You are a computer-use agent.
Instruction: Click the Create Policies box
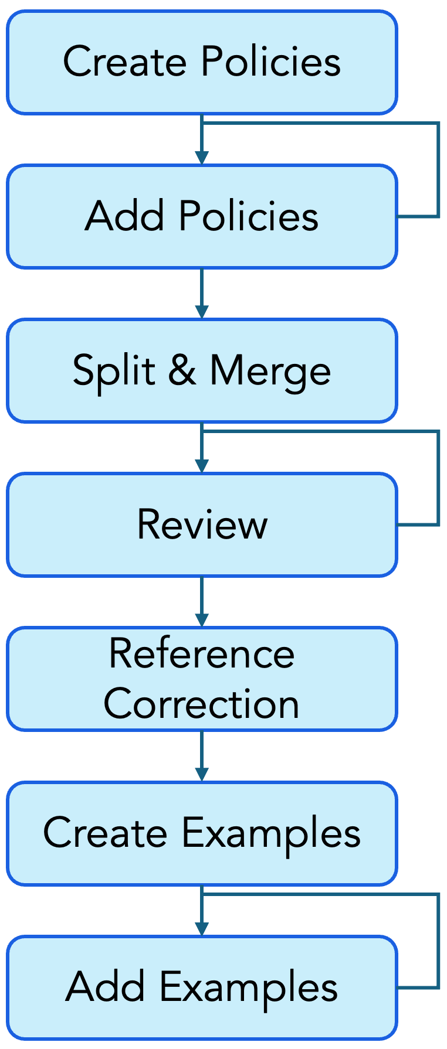tap(202, 62)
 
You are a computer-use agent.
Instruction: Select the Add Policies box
tap(202, 216)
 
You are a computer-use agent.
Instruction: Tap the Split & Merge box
tap(202, 370)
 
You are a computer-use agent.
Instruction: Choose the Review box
tap(202, 524)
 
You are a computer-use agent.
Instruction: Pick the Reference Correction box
tap(202, 679)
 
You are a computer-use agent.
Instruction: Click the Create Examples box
tap(202, 833)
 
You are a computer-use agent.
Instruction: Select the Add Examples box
tap(202, 987)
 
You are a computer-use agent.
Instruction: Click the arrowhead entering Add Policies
tap(202, 158)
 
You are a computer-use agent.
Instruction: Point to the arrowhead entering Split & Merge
tap(202, 312)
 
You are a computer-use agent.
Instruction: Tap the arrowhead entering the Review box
tap(202, 466)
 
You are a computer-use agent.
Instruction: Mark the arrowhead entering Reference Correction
tap(202, 620)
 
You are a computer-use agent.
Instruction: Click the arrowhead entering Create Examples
tap(202, 774)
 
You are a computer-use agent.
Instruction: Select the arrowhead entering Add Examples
tap(202, 928)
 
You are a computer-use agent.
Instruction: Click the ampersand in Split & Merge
tap(182, 370)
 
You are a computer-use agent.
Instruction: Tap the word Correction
tap(202, 704)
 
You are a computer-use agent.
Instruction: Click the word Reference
tap(202, 653)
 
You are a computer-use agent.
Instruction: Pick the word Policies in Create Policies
tap(270, 62)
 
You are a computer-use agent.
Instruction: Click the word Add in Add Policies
tap(124, 216)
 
